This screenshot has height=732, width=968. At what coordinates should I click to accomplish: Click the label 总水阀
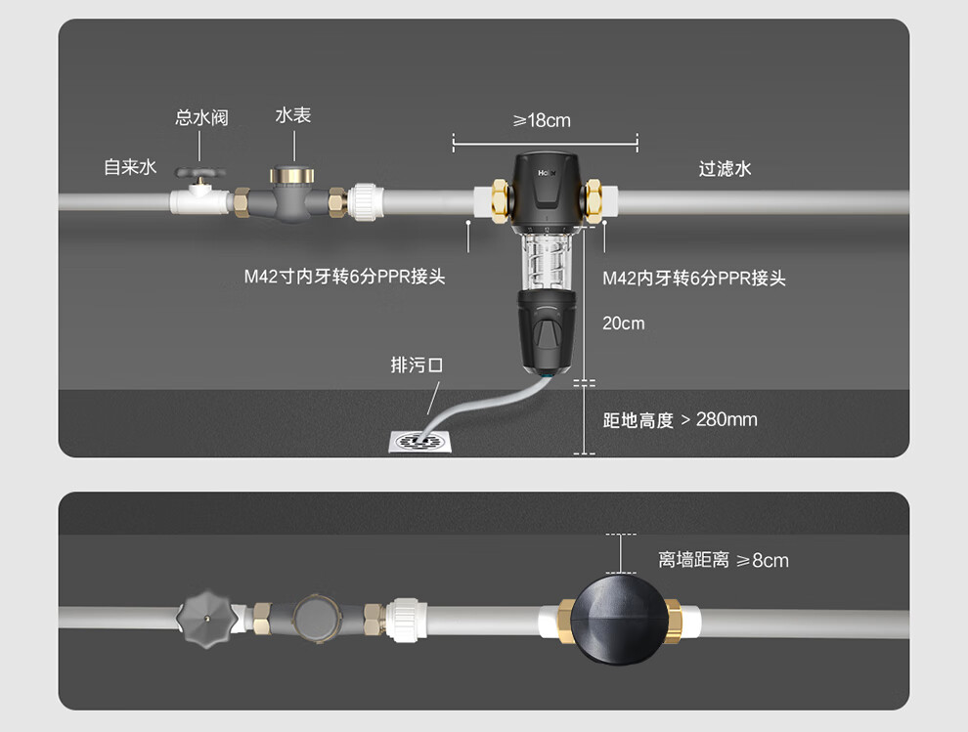pyautogui.click(x=201, y=117)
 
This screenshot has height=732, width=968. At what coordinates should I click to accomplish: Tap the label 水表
pyautogui.click(x=292, y=115)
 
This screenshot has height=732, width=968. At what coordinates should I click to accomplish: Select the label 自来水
pyautogui.click(x=130, y=167)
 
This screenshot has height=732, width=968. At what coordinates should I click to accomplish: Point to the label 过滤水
pyautogui.click(x=725, y=169)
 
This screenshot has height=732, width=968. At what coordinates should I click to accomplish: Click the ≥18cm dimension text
pyautogui.click(x=542, y=120)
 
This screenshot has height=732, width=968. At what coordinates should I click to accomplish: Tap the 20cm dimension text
pyautogui.click(x=623, y=323)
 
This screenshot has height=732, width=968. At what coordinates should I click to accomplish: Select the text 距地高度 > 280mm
pyautogui.click(x=680, y=420)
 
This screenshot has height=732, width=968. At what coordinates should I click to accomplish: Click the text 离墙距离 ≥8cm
pyautogui.click(x=723, y=560)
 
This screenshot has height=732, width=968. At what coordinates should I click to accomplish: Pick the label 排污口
pyautogui.click(x=417, y=365)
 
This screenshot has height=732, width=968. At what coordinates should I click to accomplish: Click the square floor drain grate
pyautogui.click(x=418, y=443)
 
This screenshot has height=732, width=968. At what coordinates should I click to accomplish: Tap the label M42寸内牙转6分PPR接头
pyautogui.click(x=344, y=277)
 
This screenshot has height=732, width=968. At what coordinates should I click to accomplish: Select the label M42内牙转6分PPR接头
pyautogui.click(x=693, y=279)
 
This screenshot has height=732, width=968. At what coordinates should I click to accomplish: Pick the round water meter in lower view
pyautogui.click(x=314, y=618)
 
